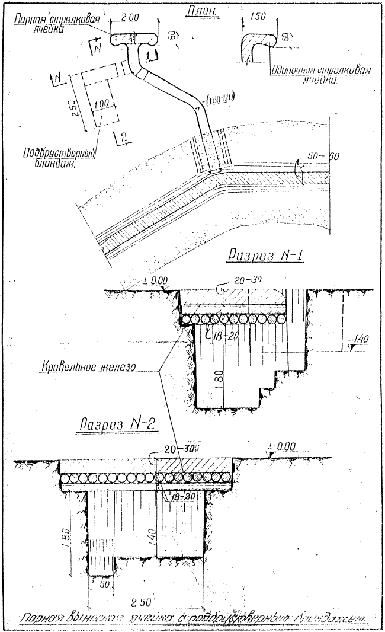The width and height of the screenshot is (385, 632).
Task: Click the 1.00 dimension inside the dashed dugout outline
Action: click(102, 104)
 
